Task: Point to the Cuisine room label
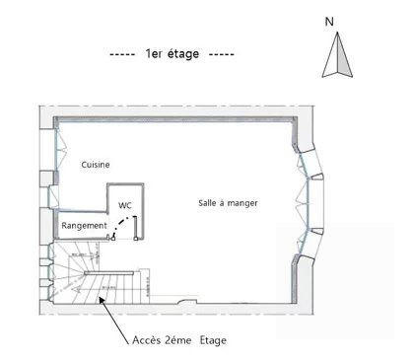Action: tap(96, 165)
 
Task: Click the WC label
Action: tap(125, 205)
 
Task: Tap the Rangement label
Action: tap(85, 226)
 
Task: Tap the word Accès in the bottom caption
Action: tap(149, 340)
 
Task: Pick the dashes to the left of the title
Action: tap(122, 54)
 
